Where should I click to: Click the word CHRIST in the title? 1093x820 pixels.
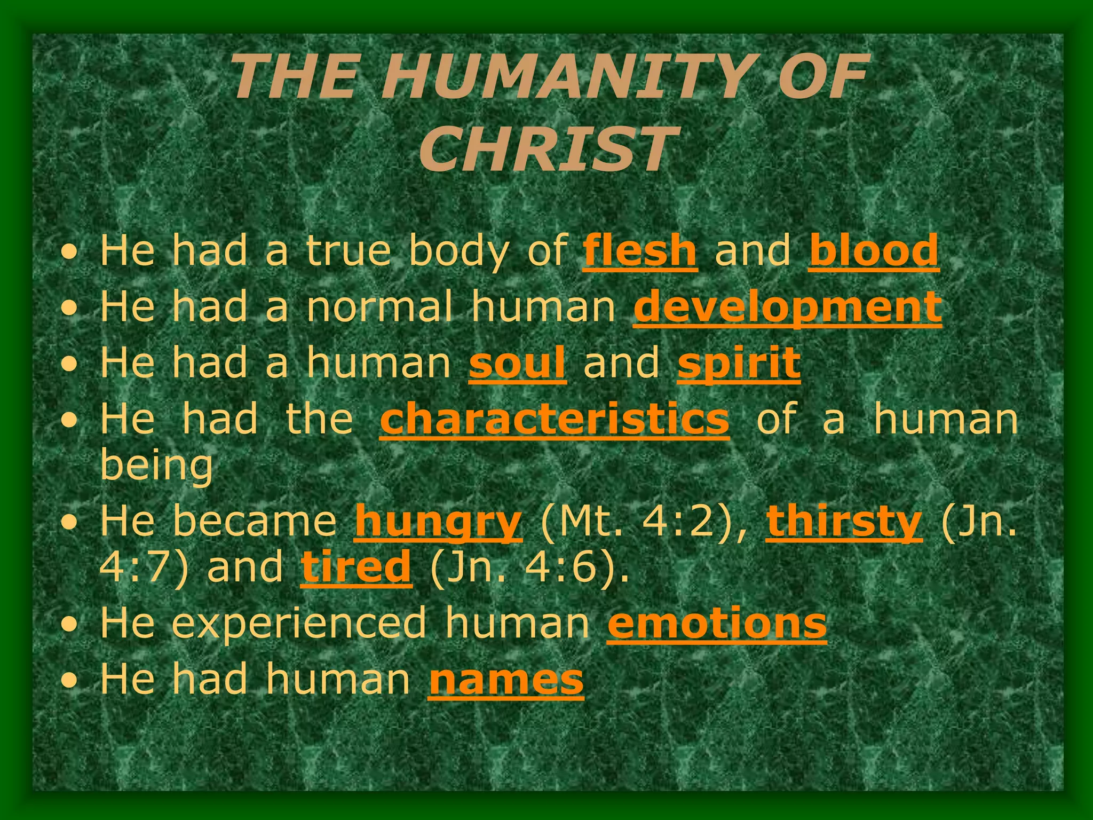point(545,149)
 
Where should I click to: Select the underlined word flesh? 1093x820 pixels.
point(640,250)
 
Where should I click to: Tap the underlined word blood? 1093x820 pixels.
point(874,250)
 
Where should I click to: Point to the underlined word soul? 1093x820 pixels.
point(517,363)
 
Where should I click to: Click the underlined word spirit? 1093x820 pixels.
point(739,363)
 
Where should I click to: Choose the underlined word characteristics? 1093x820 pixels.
point(555,420)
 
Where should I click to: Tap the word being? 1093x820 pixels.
point(156,466)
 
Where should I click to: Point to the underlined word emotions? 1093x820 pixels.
point(717,623)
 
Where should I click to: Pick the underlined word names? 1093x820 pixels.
point(506,679)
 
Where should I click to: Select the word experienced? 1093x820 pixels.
point(299,623)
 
